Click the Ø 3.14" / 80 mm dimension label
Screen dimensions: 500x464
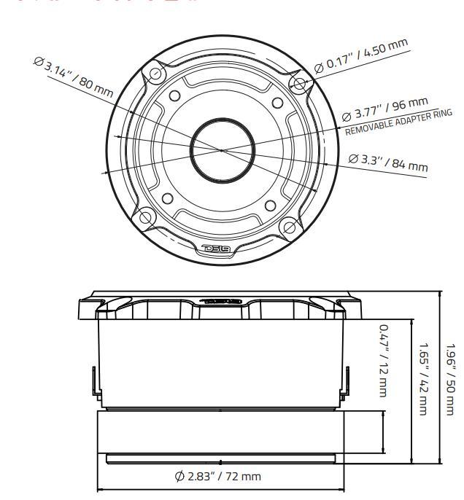[x=73, y=77]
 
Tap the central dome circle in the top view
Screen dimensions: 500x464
[x=223, y=148]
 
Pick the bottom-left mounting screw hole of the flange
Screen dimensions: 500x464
[x=146, y=217]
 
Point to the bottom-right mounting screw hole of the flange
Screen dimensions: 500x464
[x=289, y=227]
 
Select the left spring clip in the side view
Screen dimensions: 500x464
[x=93, y=382]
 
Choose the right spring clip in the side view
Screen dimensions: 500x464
[x=340, y=382]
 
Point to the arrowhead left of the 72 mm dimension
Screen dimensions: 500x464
[x=101, y=489]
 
